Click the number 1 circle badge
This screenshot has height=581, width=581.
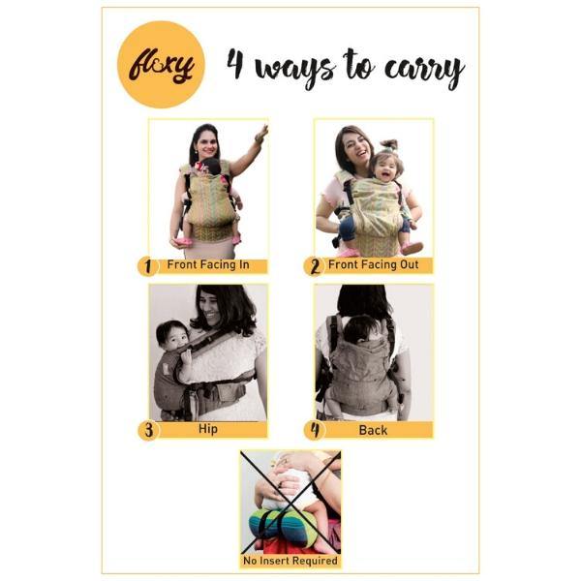[x=148, y=265]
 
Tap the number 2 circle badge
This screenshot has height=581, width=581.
[x=314, y=265]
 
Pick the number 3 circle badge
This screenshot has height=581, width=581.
[x=148, y=429]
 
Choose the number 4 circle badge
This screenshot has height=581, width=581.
[x=314, y=429]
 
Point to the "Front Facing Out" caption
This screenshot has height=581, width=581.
[x=372, y=264]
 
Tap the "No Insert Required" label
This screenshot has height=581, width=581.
[x=290, y=561]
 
